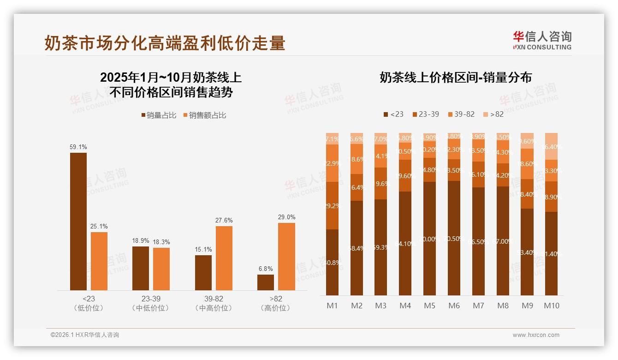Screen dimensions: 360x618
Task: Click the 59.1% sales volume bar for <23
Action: pos(78,222)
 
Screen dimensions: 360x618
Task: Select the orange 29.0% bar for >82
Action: pos(286,257)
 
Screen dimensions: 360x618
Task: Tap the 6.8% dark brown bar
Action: pos(266,282)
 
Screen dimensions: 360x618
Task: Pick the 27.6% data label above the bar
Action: pos(224,221)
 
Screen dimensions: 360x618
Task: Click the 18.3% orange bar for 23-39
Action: pos(161,269)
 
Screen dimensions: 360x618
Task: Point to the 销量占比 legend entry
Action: pos(158,115)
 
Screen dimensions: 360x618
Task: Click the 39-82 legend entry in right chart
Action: pos(461,114)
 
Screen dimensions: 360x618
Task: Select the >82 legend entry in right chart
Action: pos(493,114)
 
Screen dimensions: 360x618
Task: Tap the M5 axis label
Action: pos(430,306)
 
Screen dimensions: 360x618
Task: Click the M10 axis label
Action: pos(551,306)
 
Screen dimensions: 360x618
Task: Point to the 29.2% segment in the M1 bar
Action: pos(332,206)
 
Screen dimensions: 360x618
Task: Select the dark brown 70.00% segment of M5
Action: pos(430,239)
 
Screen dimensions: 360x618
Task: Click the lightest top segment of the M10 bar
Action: pos(551,146)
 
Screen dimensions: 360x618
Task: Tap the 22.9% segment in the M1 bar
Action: pos(332,163)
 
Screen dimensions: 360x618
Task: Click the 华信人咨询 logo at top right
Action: pos(542,40)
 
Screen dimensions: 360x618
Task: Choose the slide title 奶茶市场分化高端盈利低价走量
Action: pos(165,43)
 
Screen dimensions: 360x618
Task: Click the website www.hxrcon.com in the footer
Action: pos(536,335)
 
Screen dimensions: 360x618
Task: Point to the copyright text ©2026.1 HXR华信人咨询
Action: pos(85,335)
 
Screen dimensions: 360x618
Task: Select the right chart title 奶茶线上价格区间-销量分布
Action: pos(456,78)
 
